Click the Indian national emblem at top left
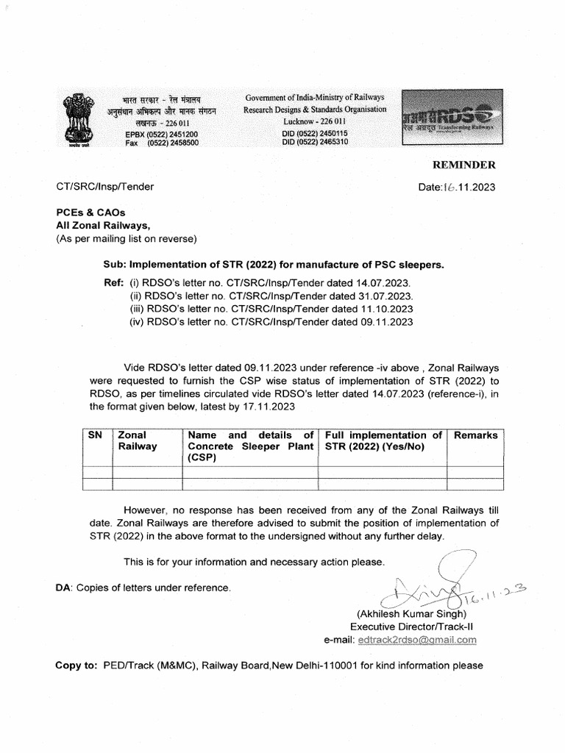pyautogui.click(x=76, y=119)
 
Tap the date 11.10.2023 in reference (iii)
pyautogui.click(x=385, y=309)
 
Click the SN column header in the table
pyautogui.click(x=95, y=435)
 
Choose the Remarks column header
pyautogui.click(x=475, y=435)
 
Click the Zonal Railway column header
pyautogui.click(x=138, y=440)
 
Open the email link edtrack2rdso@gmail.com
pyautogui.click(x=416, y=640)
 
